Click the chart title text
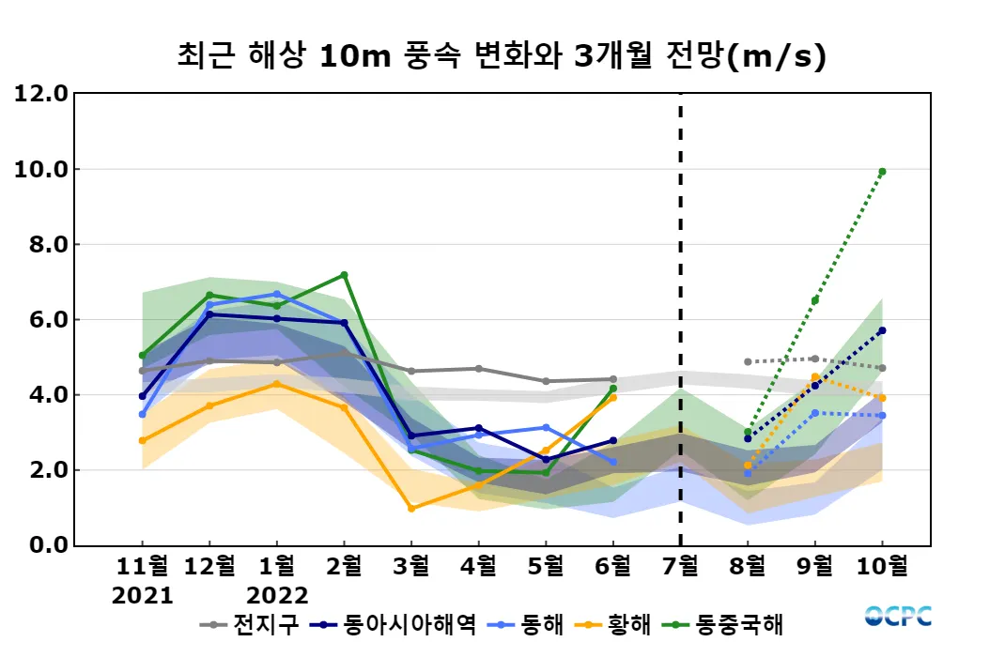pyautogui.click(x=502, y=56)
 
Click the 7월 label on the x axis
pyautogui.click(x=680, y=566)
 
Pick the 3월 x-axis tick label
pyautogui.click(x=411, y=566)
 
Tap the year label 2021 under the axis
pyautogui.click(x=143, y=595)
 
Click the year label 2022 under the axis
pyautogui.click(x=277, y=595)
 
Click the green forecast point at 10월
pyautogui.click(x=882, y=172)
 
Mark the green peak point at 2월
pyautogui.click(x=344, y=275)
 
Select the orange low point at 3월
pyautogui.click(x=411, y=509)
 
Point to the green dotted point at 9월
pyautogui.click(x=815, y=300)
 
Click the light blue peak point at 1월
pyautogui.click(x=277, y=294)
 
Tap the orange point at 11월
pyautogui.click(x=143, y=440)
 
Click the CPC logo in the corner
pyautogui.click(x=899, y=616)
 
